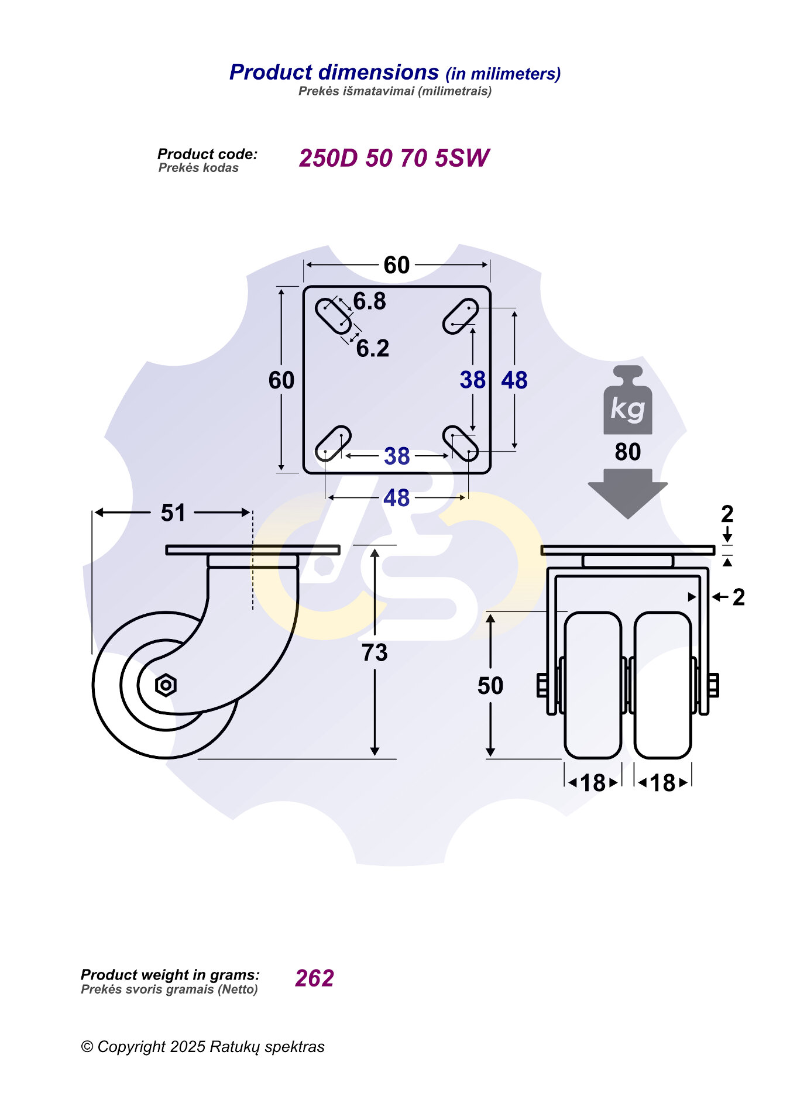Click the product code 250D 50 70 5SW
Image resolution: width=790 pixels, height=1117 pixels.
(x=393, y=158)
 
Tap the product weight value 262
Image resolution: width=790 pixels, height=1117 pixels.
(x=314, y=978)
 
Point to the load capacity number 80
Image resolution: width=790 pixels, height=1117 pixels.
(x=627, y=452)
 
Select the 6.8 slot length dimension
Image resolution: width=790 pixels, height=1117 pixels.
(x=370, y=301)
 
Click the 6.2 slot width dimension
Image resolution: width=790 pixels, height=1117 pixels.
(x=373, y=349)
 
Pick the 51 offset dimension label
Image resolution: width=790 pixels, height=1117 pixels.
(x=173, y=513)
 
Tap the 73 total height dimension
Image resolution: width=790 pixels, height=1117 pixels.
(x=375, y=652)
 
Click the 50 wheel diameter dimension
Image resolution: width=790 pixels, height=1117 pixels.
(x=490, y=686)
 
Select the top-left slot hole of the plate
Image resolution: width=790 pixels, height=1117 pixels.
(x=333, y=316)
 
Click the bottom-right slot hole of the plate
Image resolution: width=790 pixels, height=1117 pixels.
(x=461, y=444)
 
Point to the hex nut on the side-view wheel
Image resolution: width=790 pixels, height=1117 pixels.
(x=166, y=685)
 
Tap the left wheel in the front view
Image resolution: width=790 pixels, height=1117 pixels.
(x=593, y=685)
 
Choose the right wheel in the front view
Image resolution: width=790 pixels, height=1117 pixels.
(x=663, y=685)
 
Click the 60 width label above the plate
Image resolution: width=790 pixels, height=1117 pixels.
(x=397, y=265)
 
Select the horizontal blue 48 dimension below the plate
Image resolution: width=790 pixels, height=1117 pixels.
(x=397, y=498)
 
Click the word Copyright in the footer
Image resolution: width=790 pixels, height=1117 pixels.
(x=131, y=1046)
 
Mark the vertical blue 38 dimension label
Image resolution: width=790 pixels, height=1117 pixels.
(x=472, y=380)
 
